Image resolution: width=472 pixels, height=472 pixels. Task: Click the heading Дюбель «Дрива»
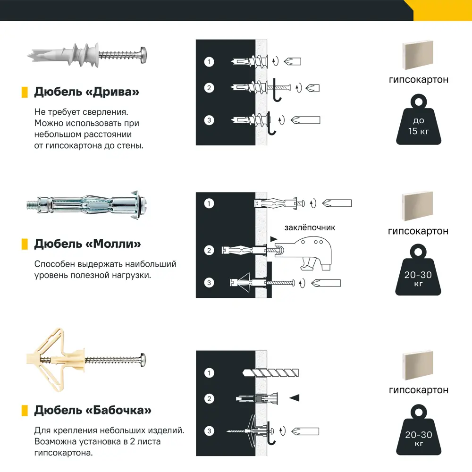click(x=87, y=92)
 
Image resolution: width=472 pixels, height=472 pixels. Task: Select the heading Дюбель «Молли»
click(x=87, y=244)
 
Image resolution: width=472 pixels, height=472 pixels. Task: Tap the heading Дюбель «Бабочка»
click(x=93, y=410)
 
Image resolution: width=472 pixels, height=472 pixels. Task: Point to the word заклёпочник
click(x=310, y=228)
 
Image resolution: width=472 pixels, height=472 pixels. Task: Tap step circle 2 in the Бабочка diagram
click(x=209, y=398)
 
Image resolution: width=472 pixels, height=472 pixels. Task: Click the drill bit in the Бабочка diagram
click(x=271, y=373)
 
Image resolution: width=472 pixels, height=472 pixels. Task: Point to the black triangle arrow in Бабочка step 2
click(x=295, y=398)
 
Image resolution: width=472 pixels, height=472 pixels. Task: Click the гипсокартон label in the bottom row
click(x=418, y=390)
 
